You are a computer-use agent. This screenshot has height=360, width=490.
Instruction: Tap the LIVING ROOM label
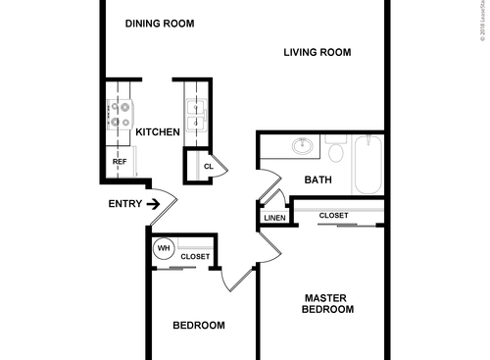(x=318, y=53)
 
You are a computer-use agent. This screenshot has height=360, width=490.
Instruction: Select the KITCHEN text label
(x=157, y=131)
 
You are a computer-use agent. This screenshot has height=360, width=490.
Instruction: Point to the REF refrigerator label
(x=120, y=164)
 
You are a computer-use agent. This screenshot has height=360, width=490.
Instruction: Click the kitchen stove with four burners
(x=120, y=115)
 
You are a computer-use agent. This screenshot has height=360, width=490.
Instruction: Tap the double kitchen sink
(x=193, y=115)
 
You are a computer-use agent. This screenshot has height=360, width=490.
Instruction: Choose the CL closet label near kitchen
(x=208, y=167)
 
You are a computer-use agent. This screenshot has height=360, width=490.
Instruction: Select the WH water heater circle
(x=164, y=249)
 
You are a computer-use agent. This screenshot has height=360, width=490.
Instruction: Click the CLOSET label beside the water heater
(x=195, y=256)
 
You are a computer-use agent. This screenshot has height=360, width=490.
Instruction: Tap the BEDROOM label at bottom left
(x=199, y=326)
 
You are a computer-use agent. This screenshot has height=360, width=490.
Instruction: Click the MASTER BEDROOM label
(x=328, y=303)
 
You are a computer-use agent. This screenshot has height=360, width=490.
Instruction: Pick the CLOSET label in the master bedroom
(x=334, y=215)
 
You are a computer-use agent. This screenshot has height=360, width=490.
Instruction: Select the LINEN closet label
(x=274, y=218)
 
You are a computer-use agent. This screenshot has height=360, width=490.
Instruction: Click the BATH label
(x=318, y=180)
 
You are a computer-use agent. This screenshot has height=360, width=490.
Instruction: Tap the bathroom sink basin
(x=303, y=148)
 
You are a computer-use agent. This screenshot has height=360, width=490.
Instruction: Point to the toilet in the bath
(x=336, y=150)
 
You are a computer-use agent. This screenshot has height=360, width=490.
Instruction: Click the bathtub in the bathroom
(x=369, y=164)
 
